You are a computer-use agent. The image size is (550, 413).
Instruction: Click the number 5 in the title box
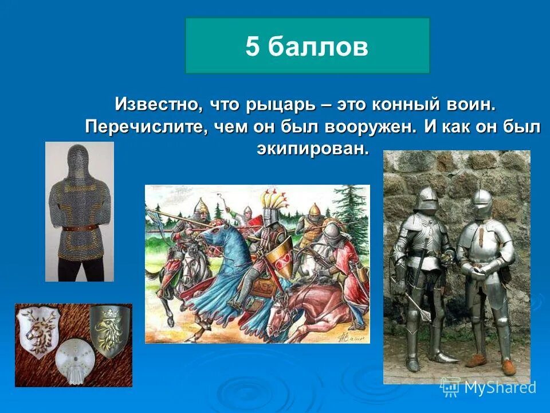252,46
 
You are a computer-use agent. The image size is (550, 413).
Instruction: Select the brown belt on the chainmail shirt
80,228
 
